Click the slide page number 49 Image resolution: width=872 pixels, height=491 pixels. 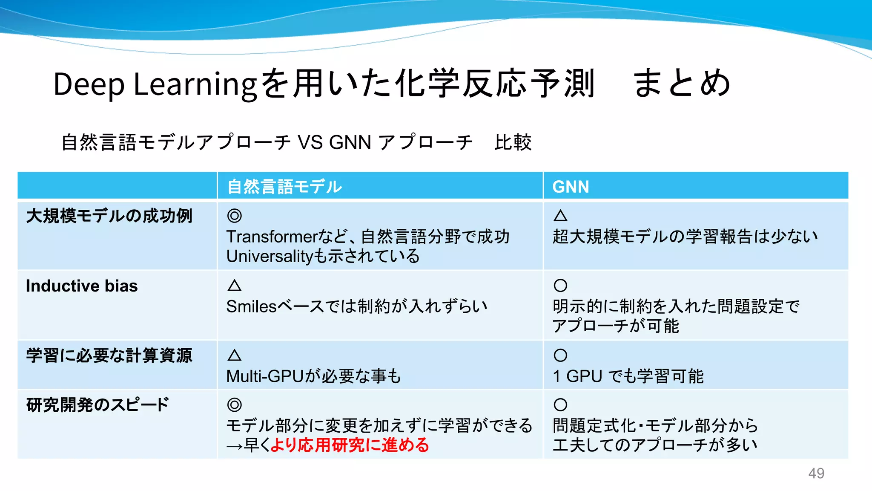tap(816, 473)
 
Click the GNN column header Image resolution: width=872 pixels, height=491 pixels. tap(571, 187)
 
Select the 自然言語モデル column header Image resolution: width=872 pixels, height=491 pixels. tap(284, 187)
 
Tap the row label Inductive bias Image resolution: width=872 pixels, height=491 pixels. tap(82, 286)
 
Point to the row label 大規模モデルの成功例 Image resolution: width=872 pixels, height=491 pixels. tap(109, 216)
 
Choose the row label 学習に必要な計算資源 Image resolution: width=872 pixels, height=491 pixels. tap(109, 355)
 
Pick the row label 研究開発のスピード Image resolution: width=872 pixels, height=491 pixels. tap(98, 405)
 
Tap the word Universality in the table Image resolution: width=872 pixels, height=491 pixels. tap(270, 256)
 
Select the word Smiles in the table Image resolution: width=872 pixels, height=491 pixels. tap(251, 306)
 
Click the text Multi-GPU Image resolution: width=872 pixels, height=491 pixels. tap(264, 376)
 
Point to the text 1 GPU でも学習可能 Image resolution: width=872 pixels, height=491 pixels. tap(628, 376)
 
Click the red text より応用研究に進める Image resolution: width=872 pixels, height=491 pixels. tap(350, 445)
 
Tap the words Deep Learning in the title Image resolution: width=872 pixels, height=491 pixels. tap(155, 84)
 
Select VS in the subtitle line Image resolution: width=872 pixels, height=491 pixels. tap(310, 142)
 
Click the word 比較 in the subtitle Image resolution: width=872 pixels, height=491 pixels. tap(513, 142)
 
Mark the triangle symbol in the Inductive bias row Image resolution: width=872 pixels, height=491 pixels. tap(235, 285)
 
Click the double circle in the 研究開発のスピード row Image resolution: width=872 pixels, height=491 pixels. tap(235, 404)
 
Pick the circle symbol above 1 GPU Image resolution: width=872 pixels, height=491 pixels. tap(560, 355)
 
